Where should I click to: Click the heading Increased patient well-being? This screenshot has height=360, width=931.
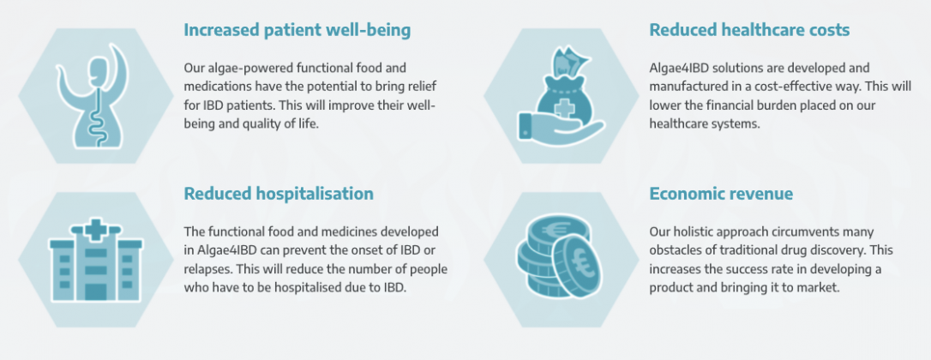297,30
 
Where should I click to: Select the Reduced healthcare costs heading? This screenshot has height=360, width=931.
749,30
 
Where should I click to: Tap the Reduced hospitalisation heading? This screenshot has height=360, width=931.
279,194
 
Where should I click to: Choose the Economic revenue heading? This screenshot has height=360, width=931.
721,194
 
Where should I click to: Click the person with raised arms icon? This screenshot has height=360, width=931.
95,98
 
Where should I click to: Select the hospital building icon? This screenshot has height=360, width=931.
96,261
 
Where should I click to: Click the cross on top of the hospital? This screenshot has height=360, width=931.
95,228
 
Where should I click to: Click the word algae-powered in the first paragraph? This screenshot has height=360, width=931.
237,69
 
